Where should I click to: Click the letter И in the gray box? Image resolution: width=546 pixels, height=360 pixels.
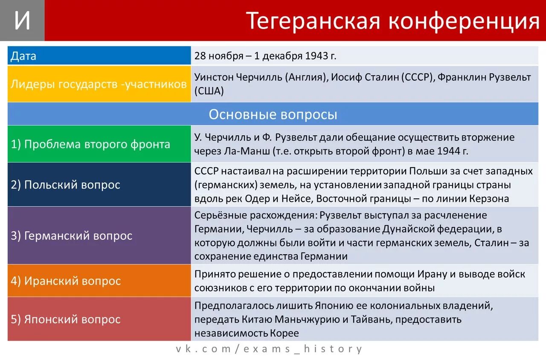click(22, 21)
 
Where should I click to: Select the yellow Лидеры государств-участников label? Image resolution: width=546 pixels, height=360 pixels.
click(99, 84)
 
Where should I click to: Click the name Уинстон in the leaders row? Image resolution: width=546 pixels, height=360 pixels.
click(212, 77)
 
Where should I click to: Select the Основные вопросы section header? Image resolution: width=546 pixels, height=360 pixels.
click(273, 114)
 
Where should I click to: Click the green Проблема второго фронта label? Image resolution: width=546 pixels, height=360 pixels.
click(90, 144)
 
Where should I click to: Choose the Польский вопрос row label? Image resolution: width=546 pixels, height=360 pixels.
click(66, 185)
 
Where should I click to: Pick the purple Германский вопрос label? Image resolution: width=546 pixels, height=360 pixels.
click(72, 235)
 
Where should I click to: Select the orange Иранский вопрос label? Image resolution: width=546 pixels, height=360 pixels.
click(66, 281)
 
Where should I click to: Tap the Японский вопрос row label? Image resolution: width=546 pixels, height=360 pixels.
click(66, 319)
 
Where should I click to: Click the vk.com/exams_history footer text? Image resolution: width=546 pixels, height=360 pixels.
click(269, 349)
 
